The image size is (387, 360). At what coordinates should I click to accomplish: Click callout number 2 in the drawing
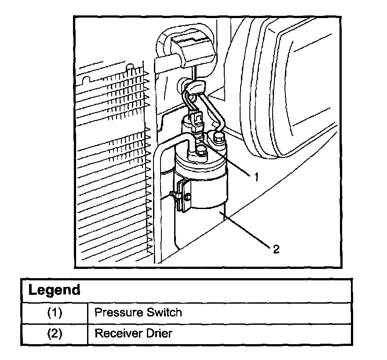point(276,249)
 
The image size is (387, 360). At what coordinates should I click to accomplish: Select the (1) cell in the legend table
point(55,313)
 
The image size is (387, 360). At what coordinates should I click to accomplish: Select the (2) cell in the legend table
point(55,333)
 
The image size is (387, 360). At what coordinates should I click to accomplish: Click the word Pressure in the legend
point(117,313)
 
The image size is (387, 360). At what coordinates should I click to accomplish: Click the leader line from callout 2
point(246,231)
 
